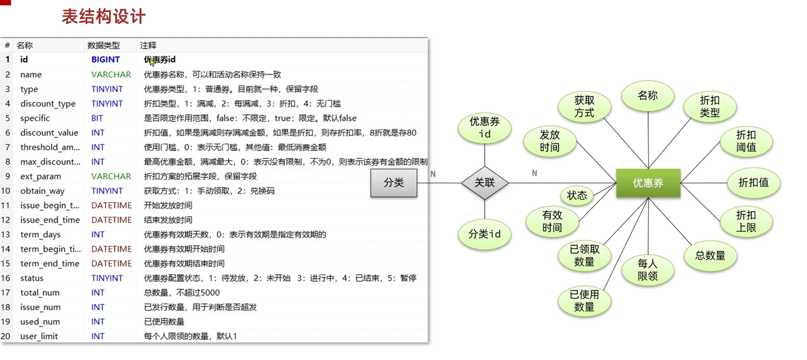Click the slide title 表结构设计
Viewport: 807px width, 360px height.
[x=103, y=16]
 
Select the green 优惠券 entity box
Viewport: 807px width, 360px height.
[x=647, y=183]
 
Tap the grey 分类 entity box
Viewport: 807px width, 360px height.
[x=393, y=183]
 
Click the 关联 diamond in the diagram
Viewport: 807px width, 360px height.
[x=484, y=183]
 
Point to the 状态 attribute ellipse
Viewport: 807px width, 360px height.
[x=577, y=195]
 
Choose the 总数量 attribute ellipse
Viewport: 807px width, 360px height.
[x=710, y=255]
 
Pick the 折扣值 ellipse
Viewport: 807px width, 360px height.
[x=753, y=183]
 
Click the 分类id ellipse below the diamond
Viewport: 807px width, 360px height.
[x=484, y=234]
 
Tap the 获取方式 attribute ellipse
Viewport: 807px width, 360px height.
[x=584, y=107]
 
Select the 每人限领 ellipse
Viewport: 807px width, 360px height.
[x=647, y=270]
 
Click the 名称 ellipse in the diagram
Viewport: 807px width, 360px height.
[x=647, y=96]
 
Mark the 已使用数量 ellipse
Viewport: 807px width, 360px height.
[x=584, y=301]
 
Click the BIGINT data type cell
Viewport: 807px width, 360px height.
[x=105, y=60]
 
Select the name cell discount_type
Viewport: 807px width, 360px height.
[x=48, y=103]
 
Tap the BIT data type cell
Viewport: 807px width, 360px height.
[x=97, y=118]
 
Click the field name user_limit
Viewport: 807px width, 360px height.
[x=39, y=336]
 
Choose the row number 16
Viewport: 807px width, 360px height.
[x=6, y=278]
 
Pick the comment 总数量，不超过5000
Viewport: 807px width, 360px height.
[x=182, y=293]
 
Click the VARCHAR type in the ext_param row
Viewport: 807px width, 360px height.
[x=111, y=176]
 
